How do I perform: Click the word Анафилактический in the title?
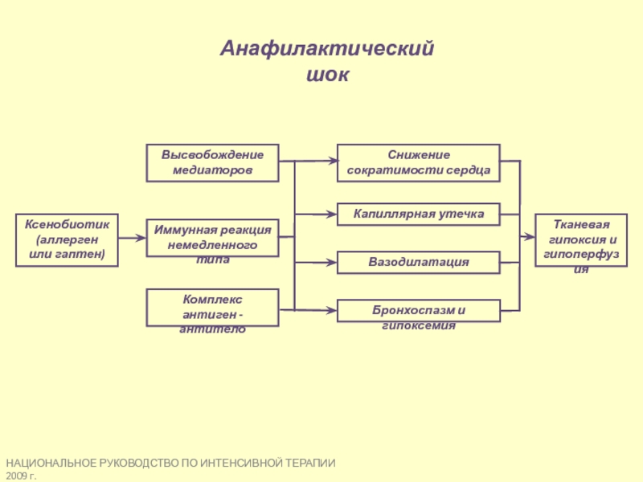coord(327,48)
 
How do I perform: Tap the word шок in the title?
coord(328,75)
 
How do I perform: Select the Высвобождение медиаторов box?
coord(212,163)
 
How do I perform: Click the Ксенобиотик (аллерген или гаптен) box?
coord(67,240)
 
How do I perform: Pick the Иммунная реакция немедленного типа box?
coord(212,238)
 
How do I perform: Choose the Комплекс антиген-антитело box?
coord(212,308)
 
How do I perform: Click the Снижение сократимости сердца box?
coord(418,163)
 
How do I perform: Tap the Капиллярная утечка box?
coord(418,214)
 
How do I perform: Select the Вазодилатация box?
coord(418,263)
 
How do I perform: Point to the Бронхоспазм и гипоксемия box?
coord(418,311)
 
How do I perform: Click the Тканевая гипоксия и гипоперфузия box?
coord(581,240)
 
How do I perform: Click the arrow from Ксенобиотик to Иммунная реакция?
coord(132,238)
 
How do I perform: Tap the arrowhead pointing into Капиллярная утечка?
coord(330,214)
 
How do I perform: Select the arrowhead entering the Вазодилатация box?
coord(330,263)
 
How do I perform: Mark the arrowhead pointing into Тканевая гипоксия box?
coord(528,236)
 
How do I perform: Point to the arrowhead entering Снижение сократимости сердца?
coord(330,161)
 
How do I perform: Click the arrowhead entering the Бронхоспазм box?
coord(330,310)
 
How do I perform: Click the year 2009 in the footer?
coord(15,476)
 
